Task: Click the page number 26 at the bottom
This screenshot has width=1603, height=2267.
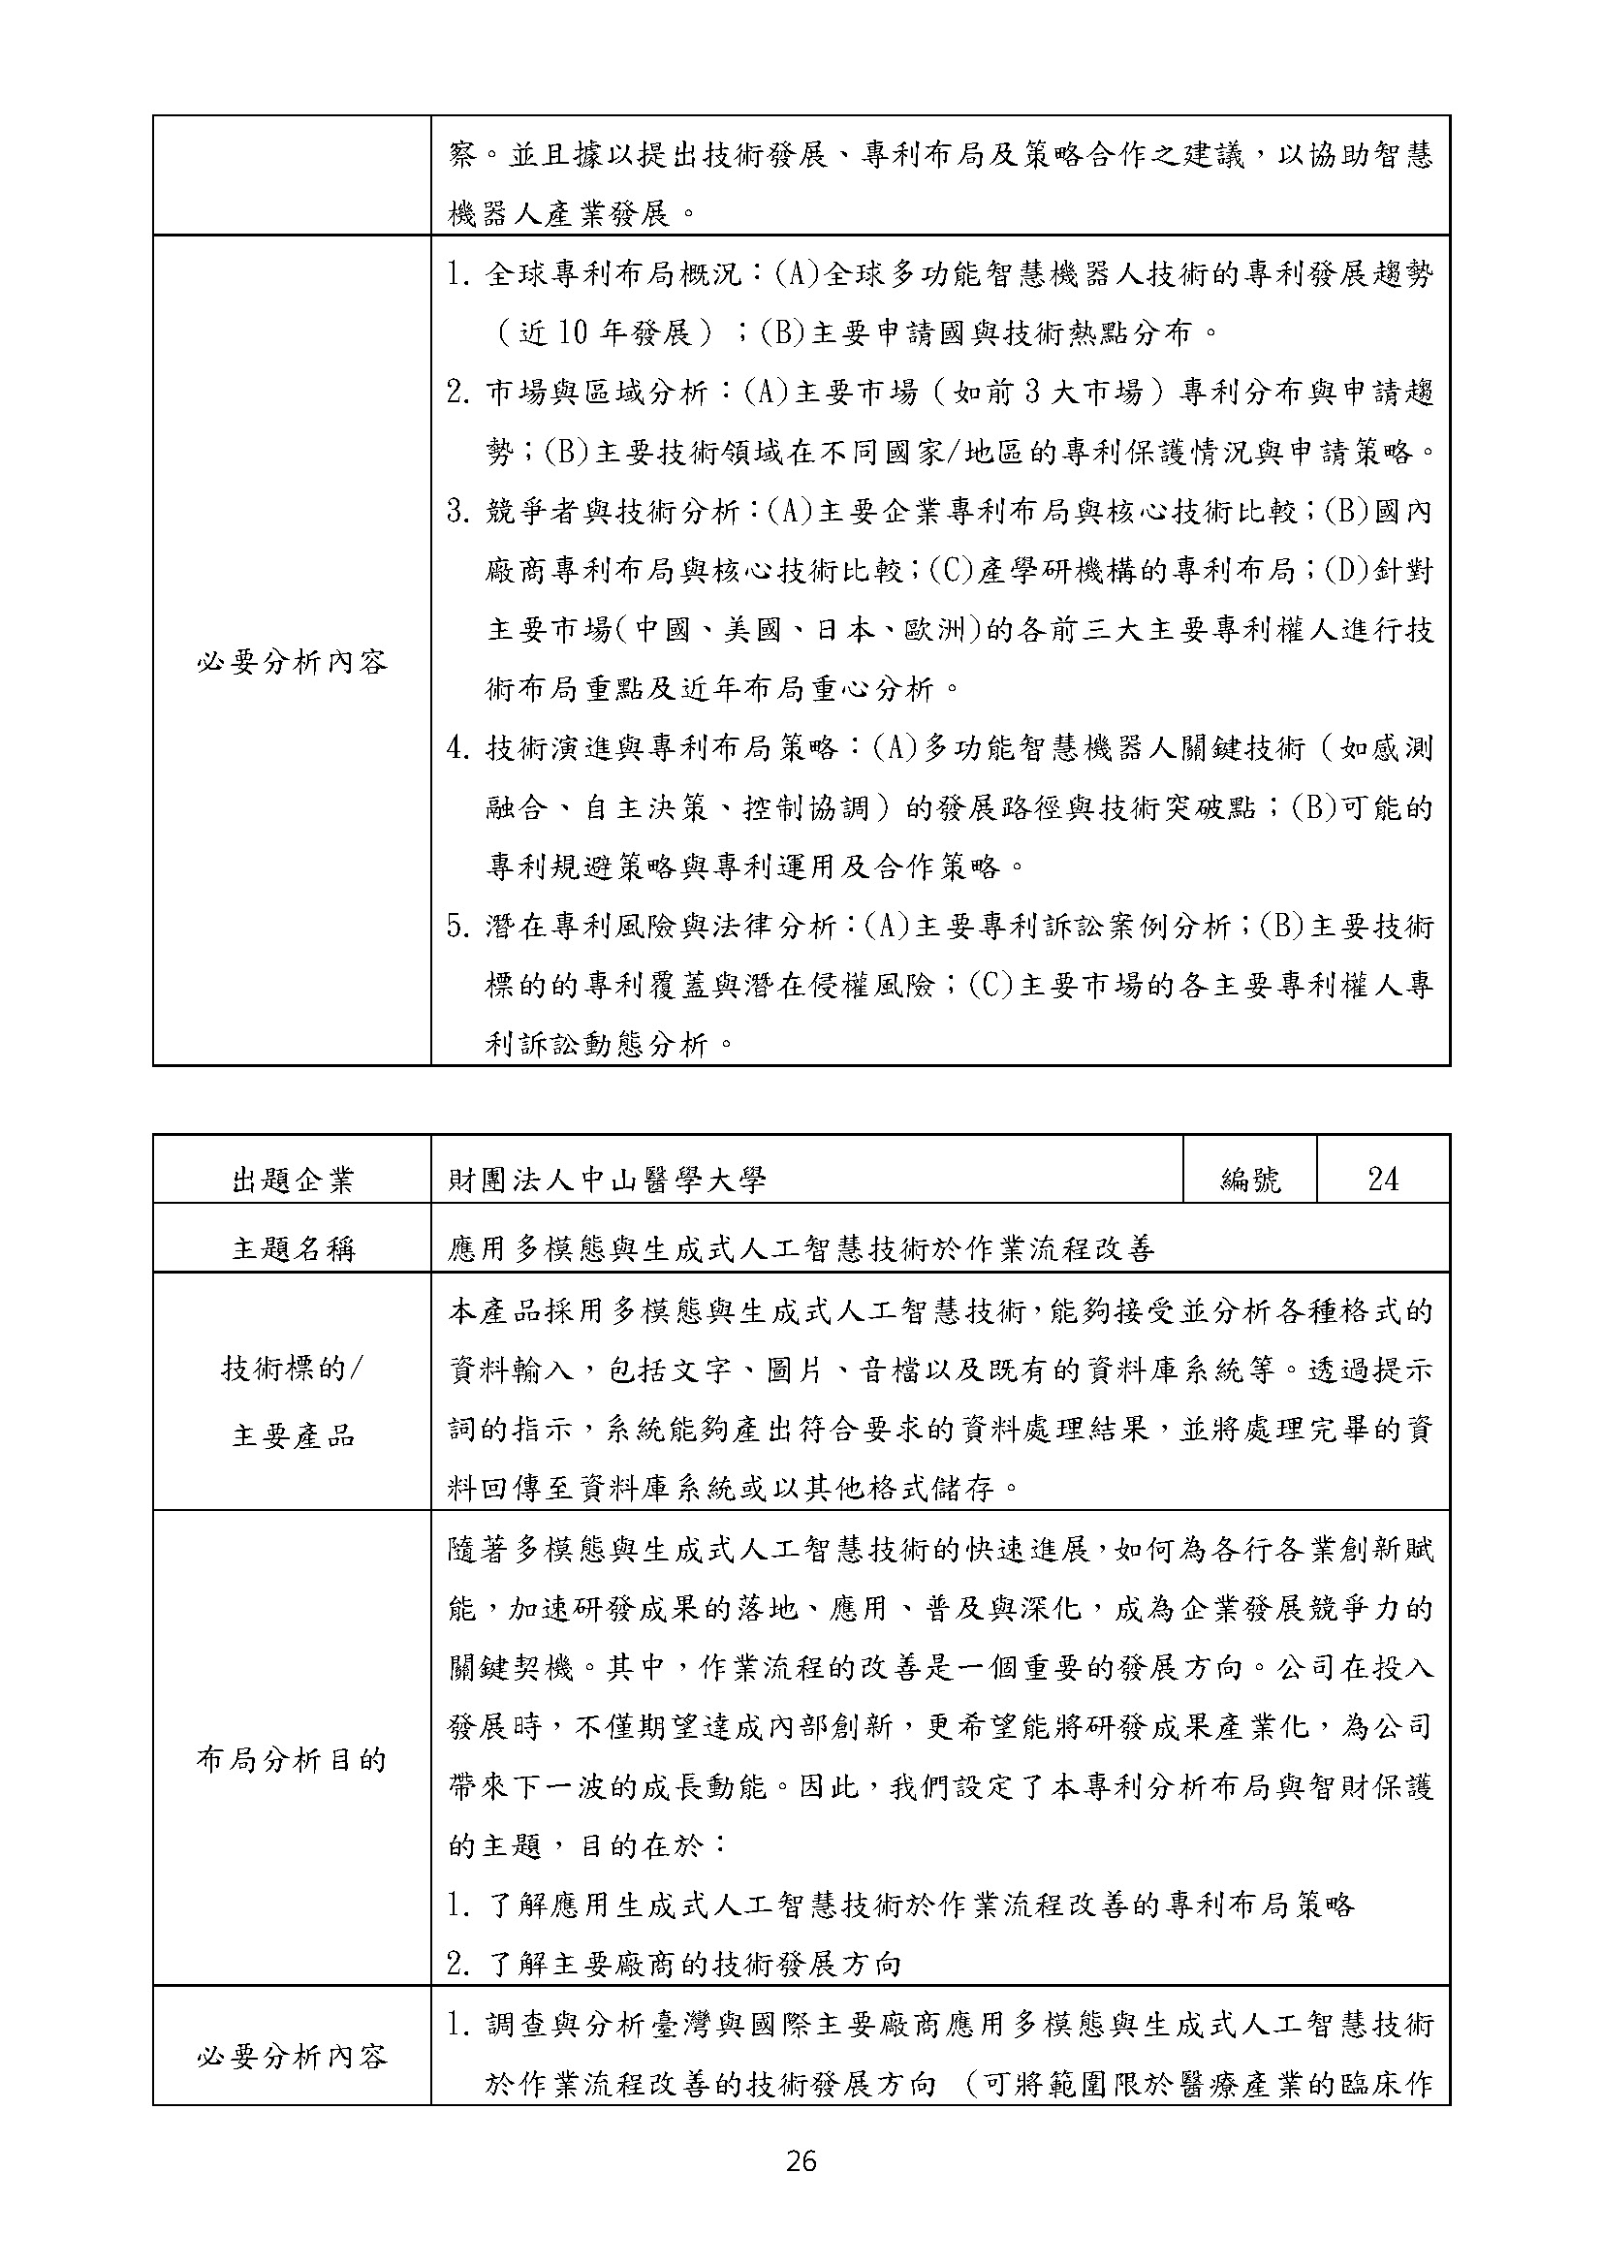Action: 801,2161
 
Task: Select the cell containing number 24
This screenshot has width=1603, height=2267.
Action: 1382,1179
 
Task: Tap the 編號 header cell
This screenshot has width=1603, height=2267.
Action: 1249,1179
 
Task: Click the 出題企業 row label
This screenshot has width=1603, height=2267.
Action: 292,1180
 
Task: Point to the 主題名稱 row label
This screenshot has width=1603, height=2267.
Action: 292,1249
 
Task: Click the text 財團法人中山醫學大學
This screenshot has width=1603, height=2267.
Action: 606,1180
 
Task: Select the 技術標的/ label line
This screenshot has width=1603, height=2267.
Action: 292,1369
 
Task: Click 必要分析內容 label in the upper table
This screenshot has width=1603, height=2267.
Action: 292,662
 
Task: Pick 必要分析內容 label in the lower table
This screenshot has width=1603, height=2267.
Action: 292,2057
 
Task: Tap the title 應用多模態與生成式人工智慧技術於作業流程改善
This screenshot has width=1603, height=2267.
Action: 801,1249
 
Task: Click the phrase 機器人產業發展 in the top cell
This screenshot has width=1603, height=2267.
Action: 557,213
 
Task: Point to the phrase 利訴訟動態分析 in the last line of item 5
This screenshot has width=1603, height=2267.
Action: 598,1045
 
